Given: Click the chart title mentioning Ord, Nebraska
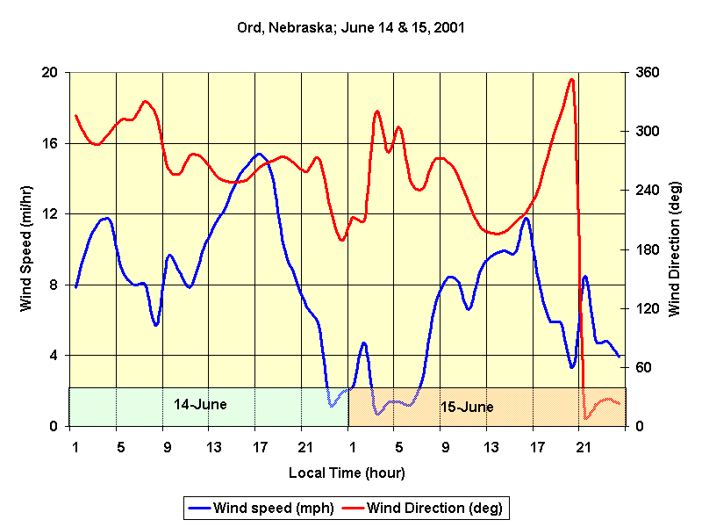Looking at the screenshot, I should (x=350, y=27).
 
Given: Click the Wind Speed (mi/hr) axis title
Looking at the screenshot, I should (x=25, y=249).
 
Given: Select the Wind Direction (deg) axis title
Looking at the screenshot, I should (x=675, y=249).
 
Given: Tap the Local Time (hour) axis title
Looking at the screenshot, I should (x=347, y=473).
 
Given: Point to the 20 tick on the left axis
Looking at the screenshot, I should (x=50, y=72).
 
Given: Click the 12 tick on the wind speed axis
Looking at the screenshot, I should (x=50, y=213).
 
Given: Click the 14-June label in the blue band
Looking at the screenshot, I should (x=200, y=405).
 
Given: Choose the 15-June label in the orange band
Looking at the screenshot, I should (x=467, y=408).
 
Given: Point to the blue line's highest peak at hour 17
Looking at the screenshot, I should (x=258, y=154).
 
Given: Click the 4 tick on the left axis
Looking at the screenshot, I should (x=54, y=355).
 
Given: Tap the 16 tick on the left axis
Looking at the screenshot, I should (x=50, y=142).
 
